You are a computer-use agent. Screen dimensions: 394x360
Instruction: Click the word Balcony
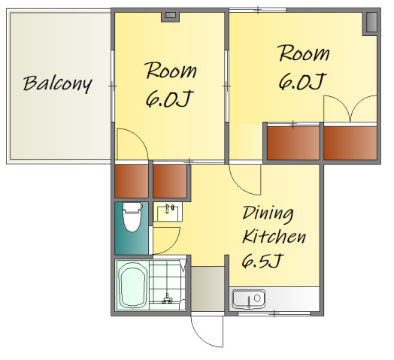(x=58, y=84)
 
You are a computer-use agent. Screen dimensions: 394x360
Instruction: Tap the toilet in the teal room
(x=132, y=216)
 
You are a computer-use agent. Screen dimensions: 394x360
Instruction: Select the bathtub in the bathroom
(x=133, y=285)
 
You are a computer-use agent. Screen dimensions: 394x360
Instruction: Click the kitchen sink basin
(x=249, y=299)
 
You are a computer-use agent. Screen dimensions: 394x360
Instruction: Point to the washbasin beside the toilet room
(x=168, y=213)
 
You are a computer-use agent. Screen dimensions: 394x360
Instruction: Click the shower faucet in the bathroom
(x=167, y=299)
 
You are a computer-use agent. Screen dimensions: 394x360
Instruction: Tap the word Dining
(x=268, y=214)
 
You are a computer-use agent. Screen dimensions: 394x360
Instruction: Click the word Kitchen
(x=274, y=236)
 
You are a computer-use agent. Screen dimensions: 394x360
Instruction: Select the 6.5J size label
(x=263, y=260)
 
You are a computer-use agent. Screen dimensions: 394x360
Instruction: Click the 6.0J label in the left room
(x=169, y=98)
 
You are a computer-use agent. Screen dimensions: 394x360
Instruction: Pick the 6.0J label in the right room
(x=302, y=81)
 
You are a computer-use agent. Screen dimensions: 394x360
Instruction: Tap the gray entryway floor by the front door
(x=208, y=289)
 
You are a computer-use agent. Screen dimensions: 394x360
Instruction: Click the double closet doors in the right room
(x=350, y=108)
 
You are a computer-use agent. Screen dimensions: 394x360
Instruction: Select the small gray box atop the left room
(x=171, y=16)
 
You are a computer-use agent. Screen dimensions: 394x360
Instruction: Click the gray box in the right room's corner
(x=371, y=23)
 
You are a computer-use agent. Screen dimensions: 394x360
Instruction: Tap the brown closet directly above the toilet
(x=132, y=181)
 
